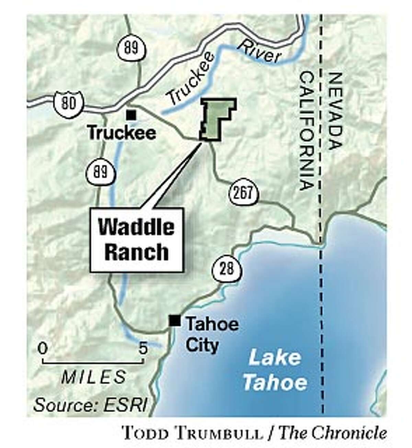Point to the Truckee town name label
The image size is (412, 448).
pos(122,133)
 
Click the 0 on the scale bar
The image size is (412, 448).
pos(43,349)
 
